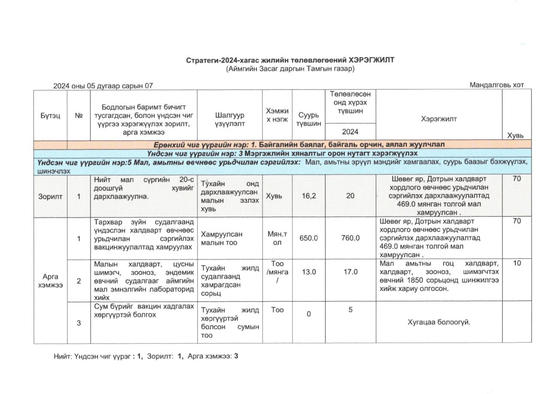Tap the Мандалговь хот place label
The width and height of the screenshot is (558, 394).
pos(497,85)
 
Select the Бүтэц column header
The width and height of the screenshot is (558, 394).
pos(50,115)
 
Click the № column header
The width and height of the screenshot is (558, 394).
pos(79,115)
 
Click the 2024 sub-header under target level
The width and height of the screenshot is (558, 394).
pos(350,132)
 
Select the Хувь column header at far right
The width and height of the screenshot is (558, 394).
pos(516,135)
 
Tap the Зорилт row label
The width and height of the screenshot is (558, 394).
pos(50,197)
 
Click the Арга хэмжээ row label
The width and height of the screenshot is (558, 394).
pos(50,281)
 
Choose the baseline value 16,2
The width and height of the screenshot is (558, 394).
pos(309,196)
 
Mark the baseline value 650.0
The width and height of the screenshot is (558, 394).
pos(309,238)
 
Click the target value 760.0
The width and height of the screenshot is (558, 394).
pos(350,238)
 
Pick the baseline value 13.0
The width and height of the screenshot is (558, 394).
pos(309,272)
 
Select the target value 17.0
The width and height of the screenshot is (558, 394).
pos(350,272)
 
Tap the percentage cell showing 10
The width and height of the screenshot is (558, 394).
pos(517,263)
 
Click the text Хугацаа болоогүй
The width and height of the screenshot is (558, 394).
pos(439,322)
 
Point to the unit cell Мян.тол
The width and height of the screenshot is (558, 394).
pos(277,238)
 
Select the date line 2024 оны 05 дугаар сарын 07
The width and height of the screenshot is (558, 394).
pos(103,86)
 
